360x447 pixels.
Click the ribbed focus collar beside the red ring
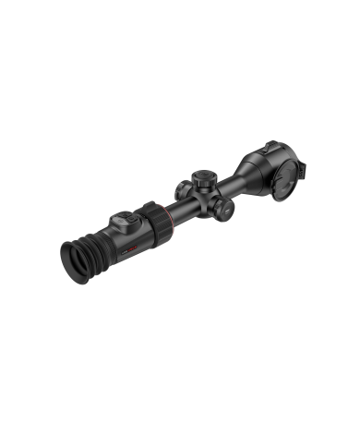(x=151, y=224)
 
